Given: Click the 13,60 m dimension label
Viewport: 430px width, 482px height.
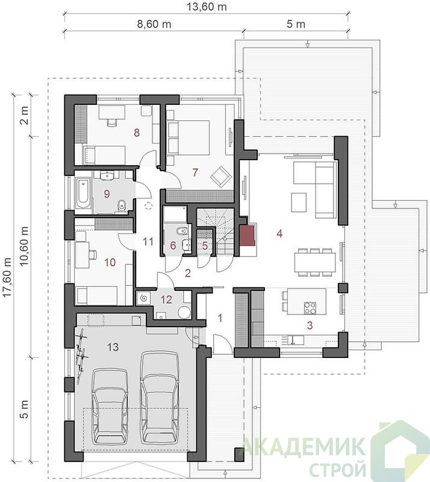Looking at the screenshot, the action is coord(207,7).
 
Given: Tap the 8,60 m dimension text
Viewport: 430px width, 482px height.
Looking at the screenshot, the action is coord(154,24).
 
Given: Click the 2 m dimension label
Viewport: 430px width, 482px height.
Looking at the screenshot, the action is coord(24,115).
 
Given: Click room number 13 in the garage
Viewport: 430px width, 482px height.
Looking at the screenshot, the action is coord(113,347).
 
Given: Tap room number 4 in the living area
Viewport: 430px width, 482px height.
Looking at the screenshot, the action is coord(279,234).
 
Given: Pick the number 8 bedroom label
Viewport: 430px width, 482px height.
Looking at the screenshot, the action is coord(137,133).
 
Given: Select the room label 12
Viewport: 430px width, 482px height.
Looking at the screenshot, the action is coord(166,299).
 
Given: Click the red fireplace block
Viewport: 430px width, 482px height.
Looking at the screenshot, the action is coord(248,236).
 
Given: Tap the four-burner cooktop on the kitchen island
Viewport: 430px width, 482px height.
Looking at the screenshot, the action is coord(310,308).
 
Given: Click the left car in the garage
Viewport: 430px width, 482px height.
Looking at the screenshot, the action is coord(110,406).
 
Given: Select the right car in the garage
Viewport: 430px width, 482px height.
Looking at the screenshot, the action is coord(160,397).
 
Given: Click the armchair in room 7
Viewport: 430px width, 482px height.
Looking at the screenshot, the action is coord(221,176).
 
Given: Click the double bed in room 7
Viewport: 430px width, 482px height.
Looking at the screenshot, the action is coord(188,137).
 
